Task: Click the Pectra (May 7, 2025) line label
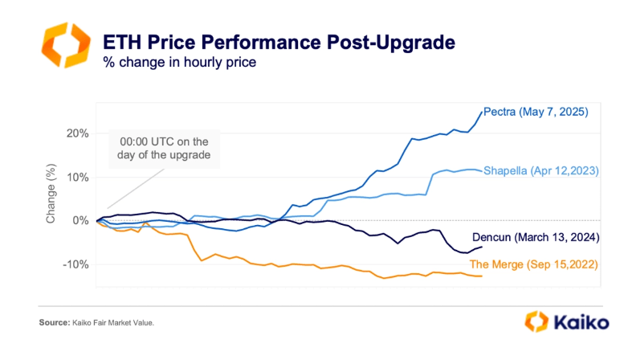tap(536, 113)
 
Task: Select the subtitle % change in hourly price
tap(180, 62)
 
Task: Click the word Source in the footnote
tap(54, 323)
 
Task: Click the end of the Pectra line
tap(482, 112)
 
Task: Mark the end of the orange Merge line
tap(482, 276)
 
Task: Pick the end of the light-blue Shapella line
tap(482, 170)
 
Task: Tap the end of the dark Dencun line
tap(482, 246)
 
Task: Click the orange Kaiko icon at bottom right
tap(536, 322)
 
